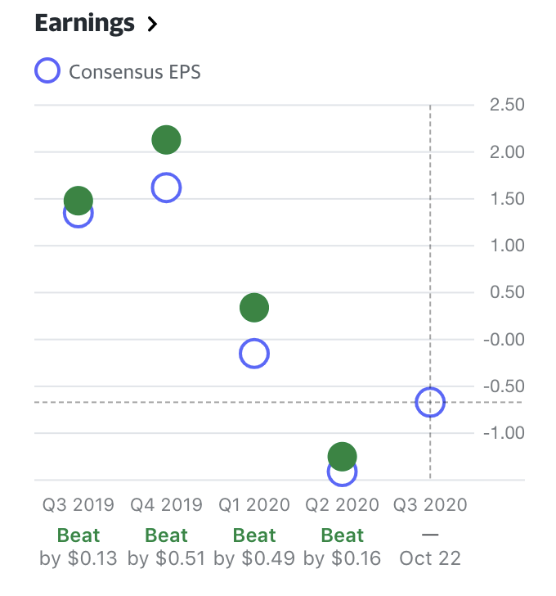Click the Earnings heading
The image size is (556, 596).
[84, 24]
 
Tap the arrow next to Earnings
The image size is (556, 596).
[151, 25]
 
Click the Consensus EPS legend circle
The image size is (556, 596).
[47, 71]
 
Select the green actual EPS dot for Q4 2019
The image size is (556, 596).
[166, 140]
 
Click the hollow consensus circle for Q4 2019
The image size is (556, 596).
[166, 187]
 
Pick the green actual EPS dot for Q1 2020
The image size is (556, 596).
[254, 308]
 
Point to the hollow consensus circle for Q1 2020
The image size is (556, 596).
[254, 354]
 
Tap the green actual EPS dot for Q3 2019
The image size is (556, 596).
[78, 200]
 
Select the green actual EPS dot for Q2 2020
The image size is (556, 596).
[342, 456]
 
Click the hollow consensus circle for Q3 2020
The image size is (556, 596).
[430, 402]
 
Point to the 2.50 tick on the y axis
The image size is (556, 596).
[507, 105]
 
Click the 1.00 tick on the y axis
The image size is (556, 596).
[507, 246]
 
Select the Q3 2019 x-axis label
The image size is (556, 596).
[78, 504]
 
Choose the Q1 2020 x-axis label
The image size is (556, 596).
[254, 504]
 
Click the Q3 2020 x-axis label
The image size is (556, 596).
[431, 504]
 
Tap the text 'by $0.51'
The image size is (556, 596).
[167, 559]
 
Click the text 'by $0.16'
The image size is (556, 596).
[343, 559]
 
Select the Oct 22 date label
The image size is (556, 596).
[431, 559]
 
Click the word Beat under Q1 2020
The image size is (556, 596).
[254, 535]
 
